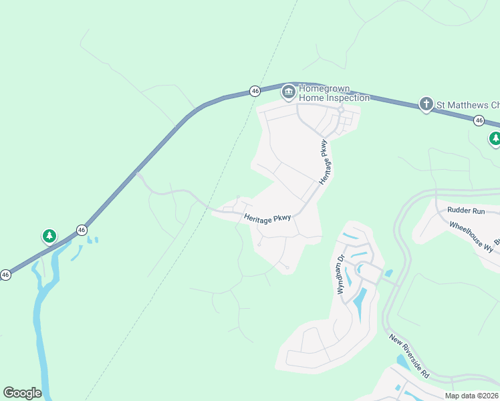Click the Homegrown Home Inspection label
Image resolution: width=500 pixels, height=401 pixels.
[334, 93]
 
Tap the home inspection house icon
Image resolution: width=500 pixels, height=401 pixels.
[288, 92]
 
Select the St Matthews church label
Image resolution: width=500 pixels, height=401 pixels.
[467, 105]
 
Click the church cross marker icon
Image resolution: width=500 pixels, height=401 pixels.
[426, 104]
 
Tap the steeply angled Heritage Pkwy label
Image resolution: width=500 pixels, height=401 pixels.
[325, 162]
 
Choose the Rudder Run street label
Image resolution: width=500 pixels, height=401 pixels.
[466, 211]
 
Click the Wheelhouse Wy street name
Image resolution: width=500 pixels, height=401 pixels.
[471, 237]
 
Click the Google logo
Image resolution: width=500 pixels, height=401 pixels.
[22, 393]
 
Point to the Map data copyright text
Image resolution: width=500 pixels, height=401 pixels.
[471, 396]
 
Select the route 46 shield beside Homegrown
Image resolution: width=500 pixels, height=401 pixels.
[255, 90]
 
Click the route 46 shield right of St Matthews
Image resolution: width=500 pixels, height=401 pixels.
[479, 120]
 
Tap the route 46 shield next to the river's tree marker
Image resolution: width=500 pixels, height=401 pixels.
[82, 230]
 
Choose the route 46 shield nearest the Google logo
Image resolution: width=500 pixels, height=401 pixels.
[5, 275]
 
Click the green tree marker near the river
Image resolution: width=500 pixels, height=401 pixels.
[49, 236]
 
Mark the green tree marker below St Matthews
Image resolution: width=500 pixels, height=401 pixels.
[495, 138]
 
